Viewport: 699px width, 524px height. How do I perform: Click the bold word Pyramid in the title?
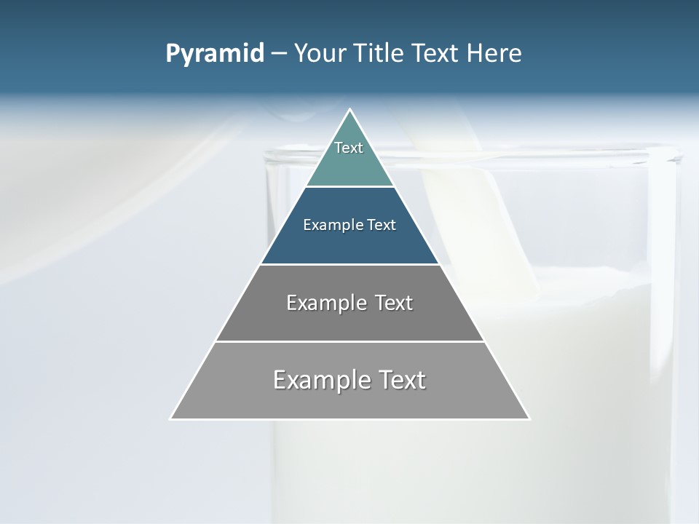pyautogui.click(x=215, y=54)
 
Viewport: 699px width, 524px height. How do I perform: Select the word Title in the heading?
pyautogui.click(x=382, y=54)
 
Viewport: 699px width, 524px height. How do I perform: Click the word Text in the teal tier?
pyautogui.click(x=349, y=148)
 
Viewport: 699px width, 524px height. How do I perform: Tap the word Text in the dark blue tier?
pyautogui.click(x=382, y=226)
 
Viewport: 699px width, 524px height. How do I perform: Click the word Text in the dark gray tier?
pyautogui.click(x=394, y=303)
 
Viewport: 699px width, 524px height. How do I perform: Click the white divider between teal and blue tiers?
pyautogui.click(x=350, y=186)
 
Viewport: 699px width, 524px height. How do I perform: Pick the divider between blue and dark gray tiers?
pyautogui.click(x=350, y=264)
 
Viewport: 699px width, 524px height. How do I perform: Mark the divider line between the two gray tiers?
pyautogui.click(x=350, y=341)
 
